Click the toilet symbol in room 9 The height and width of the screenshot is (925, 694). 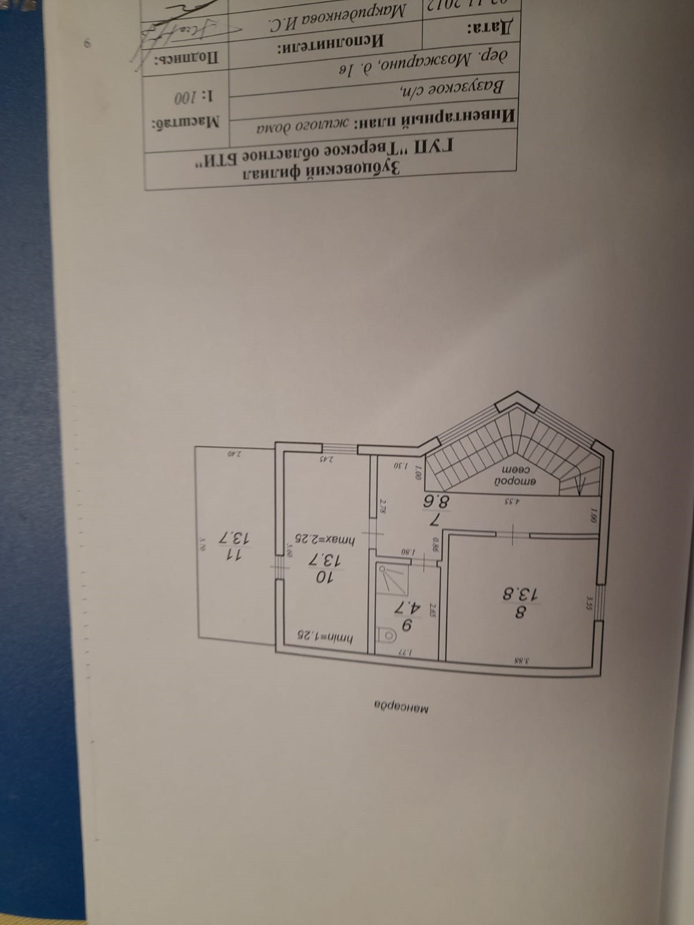[389, 636]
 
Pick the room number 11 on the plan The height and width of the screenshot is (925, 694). [232, 554]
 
